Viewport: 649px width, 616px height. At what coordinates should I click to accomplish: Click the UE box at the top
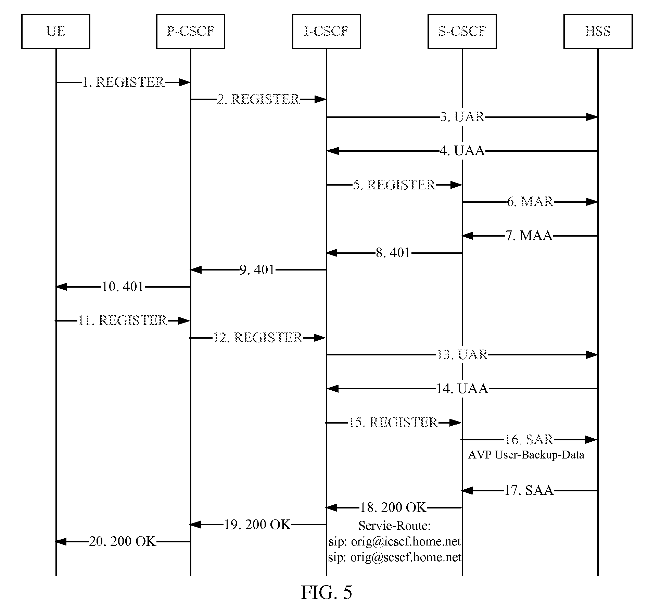click(55, 32)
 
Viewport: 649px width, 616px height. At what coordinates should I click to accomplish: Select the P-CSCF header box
click(190, 32)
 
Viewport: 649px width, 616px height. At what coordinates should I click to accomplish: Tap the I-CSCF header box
click(326, 32)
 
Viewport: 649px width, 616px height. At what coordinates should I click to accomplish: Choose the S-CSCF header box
click(462, 32)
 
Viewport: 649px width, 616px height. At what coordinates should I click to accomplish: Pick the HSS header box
click(598, 32)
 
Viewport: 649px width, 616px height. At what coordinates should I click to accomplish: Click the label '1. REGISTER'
click(124, 82)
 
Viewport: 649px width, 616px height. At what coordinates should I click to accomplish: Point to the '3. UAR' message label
click(462, 117)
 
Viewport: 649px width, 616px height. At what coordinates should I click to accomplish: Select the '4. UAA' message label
click(462, 151)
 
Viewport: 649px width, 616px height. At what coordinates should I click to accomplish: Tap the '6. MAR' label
click(530, 202)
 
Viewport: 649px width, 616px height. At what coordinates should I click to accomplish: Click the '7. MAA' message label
click(529, 236)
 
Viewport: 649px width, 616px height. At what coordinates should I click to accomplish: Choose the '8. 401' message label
click(393, 253)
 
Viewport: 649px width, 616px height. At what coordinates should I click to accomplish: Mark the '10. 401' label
click(123, 287)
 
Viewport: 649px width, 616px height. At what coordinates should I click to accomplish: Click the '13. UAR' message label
click(462, 355)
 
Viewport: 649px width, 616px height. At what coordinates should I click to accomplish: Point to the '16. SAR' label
click(529, 440)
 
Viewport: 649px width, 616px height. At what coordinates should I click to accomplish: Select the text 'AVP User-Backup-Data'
click(526, 455)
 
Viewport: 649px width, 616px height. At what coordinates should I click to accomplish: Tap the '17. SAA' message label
click(529, 491)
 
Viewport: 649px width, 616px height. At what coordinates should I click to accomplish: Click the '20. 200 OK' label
click(123, 541)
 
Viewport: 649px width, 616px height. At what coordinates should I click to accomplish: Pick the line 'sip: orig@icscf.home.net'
click(394, 541)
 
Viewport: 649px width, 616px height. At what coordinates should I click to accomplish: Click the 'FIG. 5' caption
click(326, 592)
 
